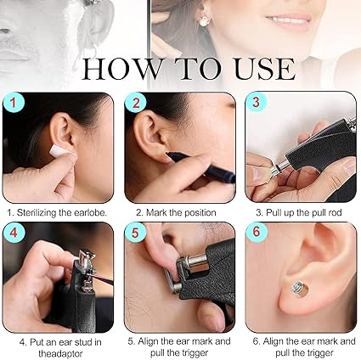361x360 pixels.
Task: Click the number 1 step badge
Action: click(13, 103)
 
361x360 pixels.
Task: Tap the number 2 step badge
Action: click(136, 103)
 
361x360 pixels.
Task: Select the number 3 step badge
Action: click(256, 103)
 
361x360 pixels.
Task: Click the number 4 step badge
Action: click(14, 233)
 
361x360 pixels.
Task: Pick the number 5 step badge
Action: click(135, 233)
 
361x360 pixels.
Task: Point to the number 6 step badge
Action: click(256, 232)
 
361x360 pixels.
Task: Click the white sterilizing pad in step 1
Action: click(60, 151)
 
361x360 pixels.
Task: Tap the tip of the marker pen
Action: click(167, 153)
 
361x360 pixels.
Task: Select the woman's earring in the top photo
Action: click(205, 21)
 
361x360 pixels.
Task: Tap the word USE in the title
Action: click(265, 69)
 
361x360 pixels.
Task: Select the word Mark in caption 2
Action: click(156, 212)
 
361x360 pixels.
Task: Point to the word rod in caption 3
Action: click(334, 212)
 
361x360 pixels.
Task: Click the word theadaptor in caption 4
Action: click(60, 354)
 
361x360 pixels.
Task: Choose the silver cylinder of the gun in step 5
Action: click(195, 262)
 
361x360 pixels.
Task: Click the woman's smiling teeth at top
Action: click(286, 19)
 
